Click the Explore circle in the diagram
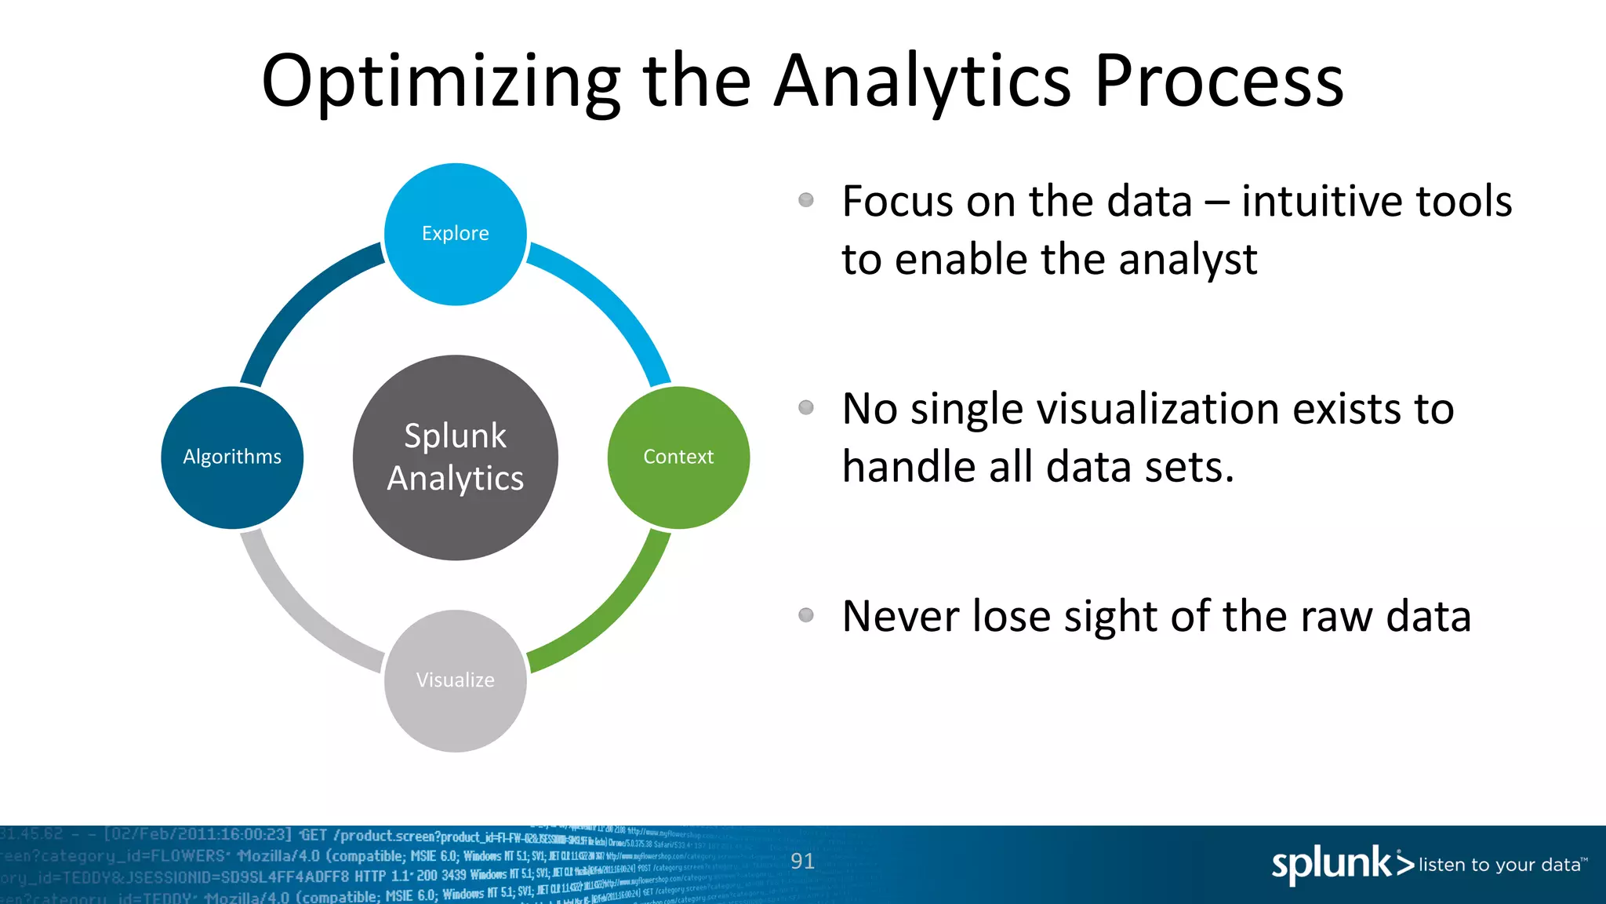pos(455,234)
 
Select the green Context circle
pos(678,457)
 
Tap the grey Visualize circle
pos(455,680)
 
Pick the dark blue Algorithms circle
pos(232,457)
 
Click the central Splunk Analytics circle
pos(455,457)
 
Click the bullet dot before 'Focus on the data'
pos(805,200)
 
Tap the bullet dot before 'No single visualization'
pos(805,407)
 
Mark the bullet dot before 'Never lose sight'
pos(805,614)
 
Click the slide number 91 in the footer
pos(802,862)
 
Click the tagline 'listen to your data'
pos(1499,865)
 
